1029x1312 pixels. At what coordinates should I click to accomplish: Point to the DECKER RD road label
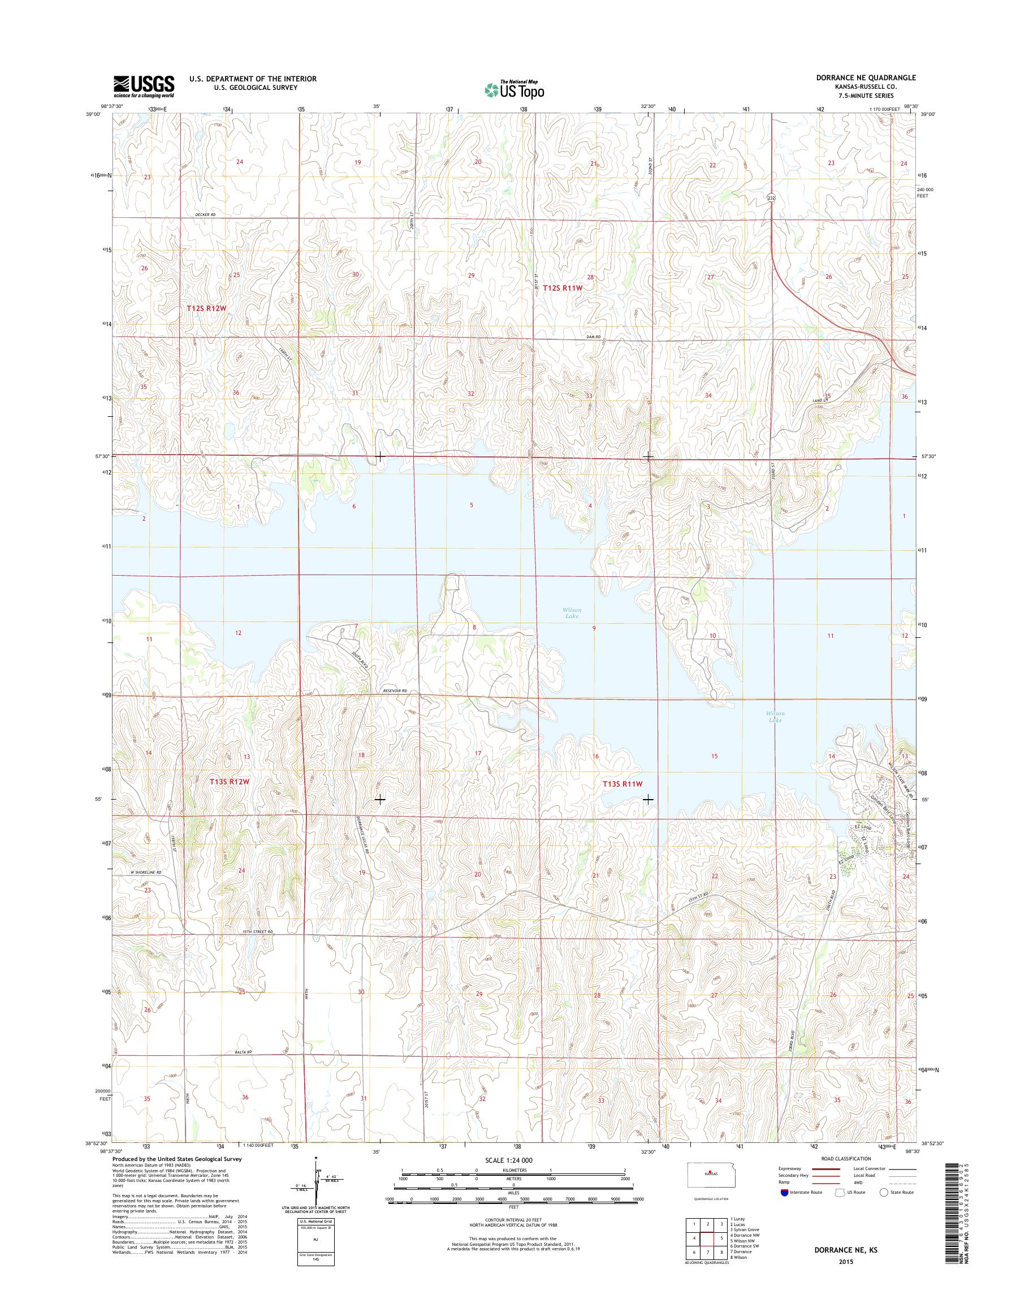click(205, 214)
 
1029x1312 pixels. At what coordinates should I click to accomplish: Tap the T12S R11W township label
click(563, 288)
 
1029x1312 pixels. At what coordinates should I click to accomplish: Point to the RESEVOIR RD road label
click(395, 691)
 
